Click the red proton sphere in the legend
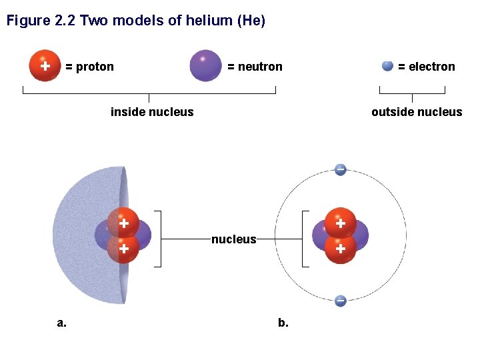point(45,66)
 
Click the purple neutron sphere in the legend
point(205,66)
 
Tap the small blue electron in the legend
point(387,66)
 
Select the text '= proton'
point(90,67)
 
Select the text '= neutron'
point(255,67)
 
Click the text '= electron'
point(427,67)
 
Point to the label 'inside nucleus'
point(152,112)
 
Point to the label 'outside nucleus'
point(417,112)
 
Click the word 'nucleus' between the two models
point(234,239)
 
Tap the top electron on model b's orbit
point(340,169)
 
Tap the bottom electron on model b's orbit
point(340,301)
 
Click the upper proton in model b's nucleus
point(340,223)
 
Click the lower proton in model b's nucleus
point(340,249)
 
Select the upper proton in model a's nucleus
point(123,223)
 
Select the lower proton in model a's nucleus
point(123,249)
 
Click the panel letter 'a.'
point(62,323)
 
